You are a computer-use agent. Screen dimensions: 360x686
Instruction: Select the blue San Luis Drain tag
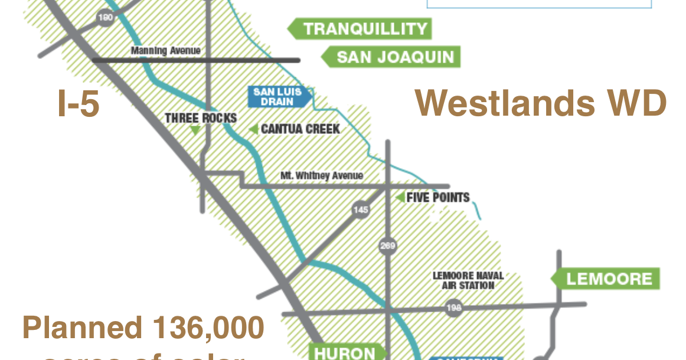[277, 97]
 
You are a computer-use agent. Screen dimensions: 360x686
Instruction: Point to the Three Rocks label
[201, 118]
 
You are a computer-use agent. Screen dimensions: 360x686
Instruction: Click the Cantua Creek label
[300, 129]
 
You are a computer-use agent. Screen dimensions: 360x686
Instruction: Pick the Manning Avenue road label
[166, 51]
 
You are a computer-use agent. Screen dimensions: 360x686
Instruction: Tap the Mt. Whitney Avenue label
[322, 175]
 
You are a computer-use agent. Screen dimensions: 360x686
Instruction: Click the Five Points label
[438, 197]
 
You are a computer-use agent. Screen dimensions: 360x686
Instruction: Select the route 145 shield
[360, 209]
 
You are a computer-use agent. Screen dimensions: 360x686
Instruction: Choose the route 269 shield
[387, 245]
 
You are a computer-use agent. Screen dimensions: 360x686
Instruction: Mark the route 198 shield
[453, 308]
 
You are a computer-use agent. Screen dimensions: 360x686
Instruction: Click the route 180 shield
[105, 18]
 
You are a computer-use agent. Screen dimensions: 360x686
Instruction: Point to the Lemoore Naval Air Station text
[468, 280]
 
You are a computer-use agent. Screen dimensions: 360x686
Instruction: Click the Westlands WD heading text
[541, 103]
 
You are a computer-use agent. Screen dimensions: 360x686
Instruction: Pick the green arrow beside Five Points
[400, 197]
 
